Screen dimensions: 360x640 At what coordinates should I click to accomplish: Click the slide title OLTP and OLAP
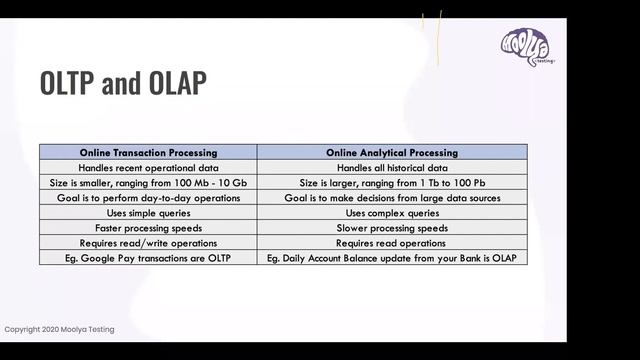tap(123, 84)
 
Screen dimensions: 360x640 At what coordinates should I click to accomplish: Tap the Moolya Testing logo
tap(527, 46)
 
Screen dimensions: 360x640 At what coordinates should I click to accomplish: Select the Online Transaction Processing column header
tap(148, 152)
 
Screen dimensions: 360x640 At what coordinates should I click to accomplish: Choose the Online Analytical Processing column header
tap(392, 152)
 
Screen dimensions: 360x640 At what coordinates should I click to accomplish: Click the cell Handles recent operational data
tap(148, 167)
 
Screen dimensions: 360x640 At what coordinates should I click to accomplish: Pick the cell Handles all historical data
tap(392, 167)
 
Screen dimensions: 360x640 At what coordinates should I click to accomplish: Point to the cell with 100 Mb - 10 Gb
tap(148, 182)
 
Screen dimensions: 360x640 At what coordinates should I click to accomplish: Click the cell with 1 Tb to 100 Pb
tap(392, 182)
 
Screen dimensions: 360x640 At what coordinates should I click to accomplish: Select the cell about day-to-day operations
tap(148, 198)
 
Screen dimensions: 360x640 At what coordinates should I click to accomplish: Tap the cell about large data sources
tap(392, 198)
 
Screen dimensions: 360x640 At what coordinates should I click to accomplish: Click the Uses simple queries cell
tap(148, 213)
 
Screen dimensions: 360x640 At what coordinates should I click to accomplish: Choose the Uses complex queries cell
tap(392, 213)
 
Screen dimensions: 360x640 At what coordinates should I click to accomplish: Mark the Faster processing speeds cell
tap(148, 228)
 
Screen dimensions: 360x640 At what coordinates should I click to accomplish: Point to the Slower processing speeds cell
tap(392, 228)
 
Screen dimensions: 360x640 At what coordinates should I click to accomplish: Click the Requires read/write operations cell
tap(148, 243)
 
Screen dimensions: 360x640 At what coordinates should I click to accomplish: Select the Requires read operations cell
tap(392, 243)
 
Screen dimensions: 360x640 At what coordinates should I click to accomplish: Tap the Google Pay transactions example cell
tap(148, 259)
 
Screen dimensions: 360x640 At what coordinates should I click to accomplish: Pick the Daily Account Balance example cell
tap(392, 259)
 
